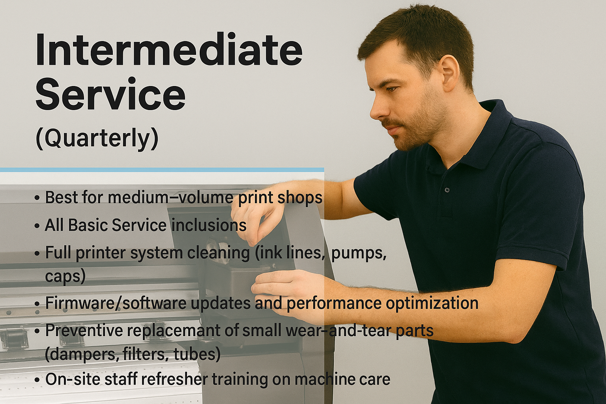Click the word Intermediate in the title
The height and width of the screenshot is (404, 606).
(x=169, y=50)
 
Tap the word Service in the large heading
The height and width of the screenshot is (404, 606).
(x=110, y=95)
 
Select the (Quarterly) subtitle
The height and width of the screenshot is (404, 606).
(x=97, y=138)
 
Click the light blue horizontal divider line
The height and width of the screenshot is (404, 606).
(x=162, y=170)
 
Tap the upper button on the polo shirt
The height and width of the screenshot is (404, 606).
(x=447, y=190)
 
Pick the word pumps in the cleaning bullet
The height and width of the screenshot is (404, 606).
(x=358, y=253)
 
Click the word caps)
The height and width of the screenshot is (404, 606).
(x=65, y=276)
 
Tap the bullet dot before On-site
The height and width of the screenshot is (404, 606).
(x=37, y=380)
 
